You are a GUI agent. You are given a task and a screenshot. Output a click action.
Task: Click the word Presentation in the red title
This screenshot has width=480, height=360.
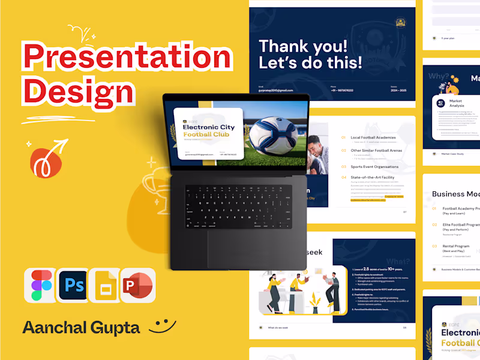(127, 57)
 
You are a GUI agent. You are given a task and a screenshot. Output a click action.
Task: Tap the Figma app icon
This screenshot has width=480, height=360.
(39, 286)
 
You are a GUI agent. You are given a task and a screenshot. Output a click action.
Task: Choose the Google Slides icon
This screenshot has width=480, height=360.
(105, 286)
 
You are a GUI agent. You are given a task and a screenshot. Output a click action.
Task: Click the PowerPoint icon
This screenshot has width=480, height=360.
(138, 286)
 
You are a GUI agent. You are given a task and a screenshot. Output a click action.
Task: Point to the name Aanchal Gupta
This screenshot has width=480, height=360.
(81, 328)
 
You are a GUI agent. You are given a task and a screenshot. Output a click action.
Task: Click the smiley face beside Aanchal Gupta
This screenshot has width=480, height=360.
(162, 326)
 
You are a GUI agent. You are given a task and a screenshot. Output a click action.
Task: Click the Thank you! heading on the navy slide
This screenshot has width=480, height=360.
(302, 46)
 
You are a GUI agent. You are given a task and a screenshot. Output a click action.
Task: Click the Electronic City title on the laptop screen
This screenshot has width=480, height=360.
(206, 127)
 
